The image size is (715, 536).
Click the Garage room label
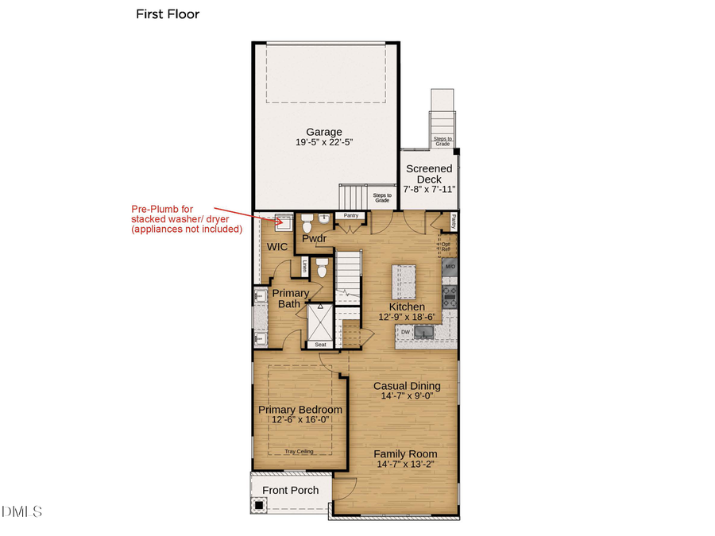[x=324, y=132]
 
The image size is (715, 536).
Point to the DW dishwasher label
[x=405, y=332]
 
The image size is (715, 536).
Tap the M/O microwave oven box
[x=450, y=268]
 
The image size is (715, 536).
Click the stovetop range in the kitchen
[x=450, y=295]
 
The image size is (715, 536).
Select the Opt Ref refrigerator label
[x=446, y=246]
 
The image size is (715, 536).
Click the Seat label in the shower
[x=321, y=345]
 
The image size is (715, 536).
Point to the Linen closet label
[x=303, y=268]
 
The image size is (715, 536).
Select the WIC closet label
[x=276, y=247]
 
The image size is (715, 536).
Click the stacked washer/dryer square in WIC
[x=281, y=221]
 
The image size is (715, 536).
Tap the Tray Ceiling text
[x=300, y=451]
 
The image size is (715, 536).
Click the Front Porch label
[x=290, y=490]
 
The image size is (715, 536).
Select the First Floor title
[x=168, y=13]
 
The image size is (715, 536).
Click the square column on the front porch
[x=259, y=504]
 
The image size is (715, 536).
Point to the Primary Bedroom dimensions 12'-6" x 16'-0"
[x=300, y=421]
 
